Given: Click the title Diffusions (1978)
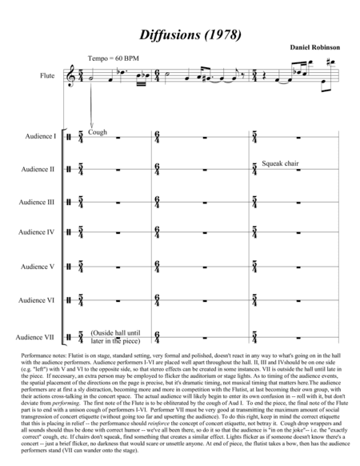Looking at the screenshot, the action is [180, 35].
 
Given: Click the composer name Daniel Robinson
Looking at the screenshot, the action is [316, 47].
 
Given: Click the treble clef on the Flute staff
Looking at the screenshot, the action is [77, 77].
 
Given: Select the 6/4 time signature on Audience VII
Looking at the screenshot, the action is [158, 336].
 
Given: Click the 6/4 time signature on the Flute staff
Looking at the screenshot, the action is [158, 77].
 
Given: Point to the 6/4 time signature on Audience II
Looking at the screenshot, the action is [158, 170].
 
